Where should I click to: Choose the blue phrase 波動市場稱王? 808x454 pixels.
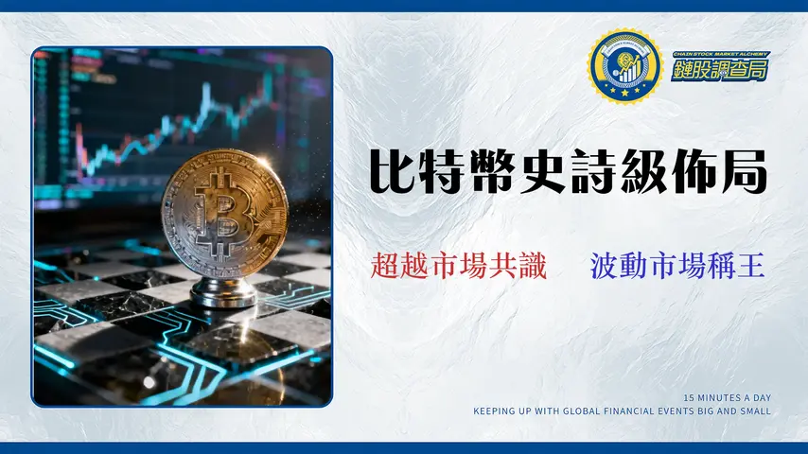point(676,266)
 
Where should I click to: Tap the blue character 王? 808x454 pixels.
point(751,266)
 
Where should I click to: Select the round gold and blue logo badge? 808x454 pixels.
point(624,66)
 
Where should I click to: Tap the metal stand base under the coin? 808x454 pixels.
point(223,293)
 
